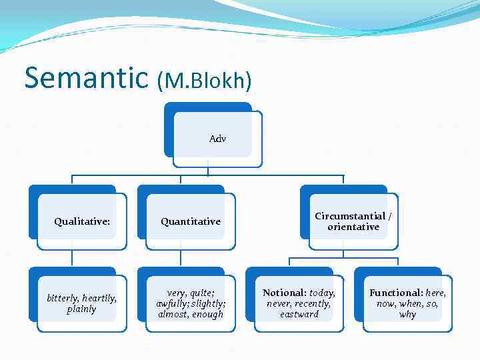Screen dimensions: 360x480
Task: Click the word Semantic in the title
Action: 85,77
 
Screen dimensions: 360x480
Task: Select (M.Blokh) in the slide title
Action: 204,80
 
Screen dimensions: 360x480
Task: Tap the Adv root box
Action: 217,139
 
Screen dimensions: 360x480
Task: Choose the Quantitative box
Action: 190,221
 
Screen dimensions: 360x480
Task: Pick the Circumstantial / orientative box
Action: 353,221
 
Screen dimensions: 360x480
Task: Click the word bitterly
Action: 62,298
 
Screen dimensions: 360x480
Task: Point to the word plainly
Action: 81,309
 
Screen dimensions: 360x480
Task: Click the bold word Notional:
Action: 285,293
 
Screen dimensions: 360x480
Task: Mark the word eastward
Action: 299,314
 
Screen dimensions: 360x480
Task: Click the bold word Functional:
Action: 396,293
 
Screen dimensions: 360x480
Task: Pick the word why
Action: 407,314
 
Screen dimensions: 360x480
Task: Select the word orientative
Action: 353,227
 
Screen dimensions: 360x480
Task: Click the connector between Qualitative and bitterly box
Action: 72,258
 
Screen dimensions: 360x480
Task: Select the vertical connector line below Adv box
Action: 207,171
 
